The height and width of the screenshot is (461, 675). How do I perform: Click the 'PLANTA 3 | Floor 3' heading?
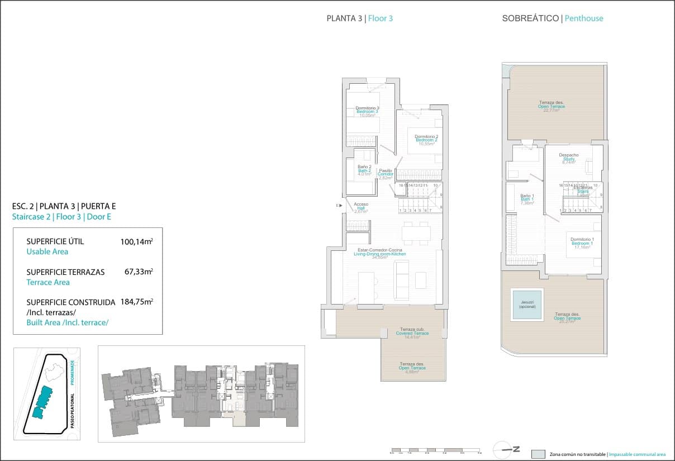click(x=359, y=18)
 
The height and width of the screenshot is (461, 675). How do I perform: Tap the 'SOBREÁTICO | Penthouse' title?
click(x=552, y=18)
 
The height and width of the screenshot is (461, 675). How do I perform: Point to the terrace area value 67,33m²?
click(x=139, y=272)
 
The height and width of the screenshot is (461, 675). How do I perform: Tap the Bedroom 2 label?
click(x=426, y=140)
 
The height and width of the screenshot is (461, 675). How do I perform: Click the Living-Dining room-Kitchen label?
click(x=379, y=254)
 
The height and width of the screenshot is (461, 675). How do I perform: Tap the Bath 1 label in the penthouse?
click(x=527, y=199)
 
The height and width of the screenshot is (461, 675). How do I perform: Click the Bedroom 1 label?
click(x=582, y=243)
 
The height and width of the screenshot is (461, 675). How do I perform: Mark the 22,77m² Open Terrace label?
click(x=551, y=106)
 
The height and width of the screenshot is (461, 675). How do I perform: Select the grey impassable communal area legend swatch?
click(x=538, y=454)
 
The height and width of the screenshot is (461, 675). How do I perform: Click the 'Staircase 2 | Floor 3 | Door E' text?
click(x=61, y=217)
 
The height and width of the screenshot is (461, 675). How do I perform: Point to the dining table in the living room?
click(x=416, y=232)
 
